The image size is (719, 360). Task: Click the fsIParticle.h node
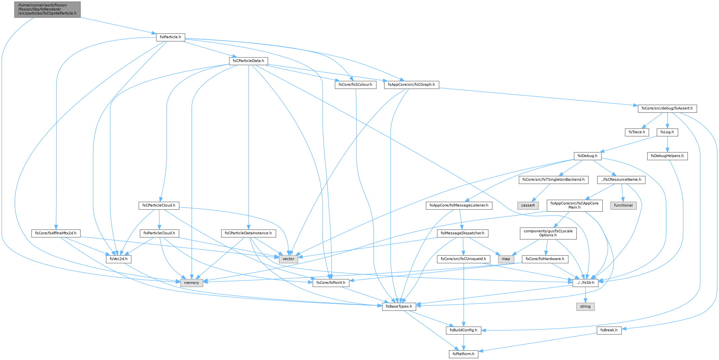[x=170, y=37]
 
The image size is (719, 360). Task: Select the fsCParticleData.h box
[x=248, y=61]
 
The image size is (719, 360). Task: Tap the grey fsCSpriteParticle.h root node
[x=47, y=9]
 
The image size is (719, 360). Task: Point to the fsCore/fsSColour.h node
[x=355, y=85]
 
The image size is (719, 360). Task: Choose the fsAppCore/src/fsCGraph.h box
[x=411, y=85]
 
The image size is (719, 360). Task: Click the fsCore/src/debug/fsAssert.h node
[x=667, y=108]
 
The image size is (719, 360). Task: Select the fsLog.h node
[x=667, y=132]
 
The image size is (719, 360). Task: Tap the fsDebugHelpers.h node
[x=667, y=156]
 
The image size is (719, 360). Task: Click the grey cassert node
[x=528, y=205]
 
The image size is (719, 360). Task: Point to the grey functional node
[x=623, y=205]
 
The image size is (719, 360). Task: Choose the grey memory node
[x=192, y=283]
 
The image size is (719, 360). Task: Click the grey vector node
[x=288, y=259]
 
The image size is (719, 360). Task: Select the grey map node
[x=506, y=259]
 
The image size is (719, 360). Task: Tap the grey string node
[x=585, y=307]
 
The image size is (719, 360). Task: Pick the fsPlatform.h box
[x=463, y=354]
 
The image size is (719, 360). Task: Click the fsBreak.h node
[x=609, y=330]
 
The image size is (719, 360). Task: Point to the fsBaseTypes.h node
[x=399, y=307]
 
